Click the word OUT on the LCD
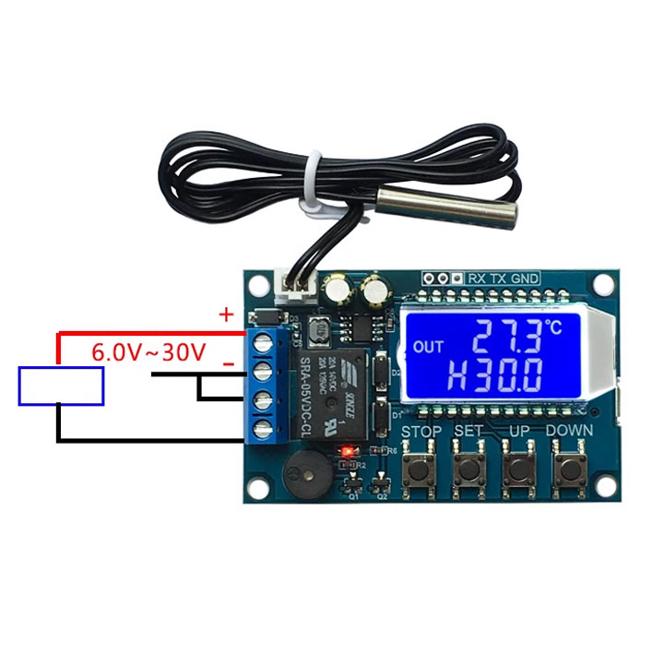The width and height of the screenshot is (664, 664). pyautogui.click(x=429, y=347)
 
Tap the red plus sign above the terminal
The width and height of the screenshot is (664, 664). pyautogui.click(x=226, y=314)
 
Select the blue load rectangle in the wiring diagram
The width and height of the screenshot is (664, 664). pyautogui.click(x=62, y=385)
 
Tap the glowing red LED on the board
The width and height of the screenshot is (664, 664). pyautogui.click(x=347, y=452)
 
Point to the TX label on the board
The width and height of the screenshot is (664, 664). pyautogui.click(x=498, y=278)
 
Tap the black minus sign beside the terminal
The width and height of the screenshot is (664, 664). pyautogui.click(x=228, y=365)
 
